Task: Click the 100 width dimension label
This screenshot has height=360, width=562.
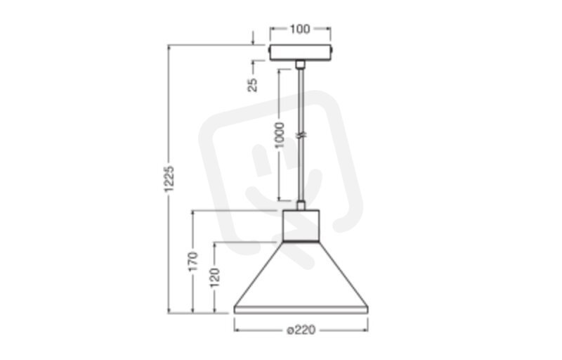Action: (300, 29)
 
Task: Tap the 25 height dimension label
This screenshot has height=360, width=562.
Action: (253, 84)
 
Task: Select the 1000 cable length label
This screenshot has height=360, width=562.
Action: (279, 135)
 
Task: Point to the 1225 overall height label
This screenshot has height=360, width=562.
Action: (169, 179)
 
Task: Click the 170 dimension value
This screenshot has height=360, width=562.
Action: (193, 262)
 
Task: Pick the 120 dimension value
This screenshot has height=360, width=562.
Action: (215, 278)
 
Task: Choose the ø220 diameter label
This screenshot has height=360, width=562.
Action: (301, 330)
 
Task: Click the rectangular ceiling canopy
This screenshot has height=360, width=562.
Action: (301, 53)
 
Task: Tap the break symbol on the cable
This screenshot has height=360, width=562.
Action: (301, 135)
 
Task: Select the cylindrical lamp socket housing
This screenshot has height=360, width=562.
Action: (301, 225)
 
